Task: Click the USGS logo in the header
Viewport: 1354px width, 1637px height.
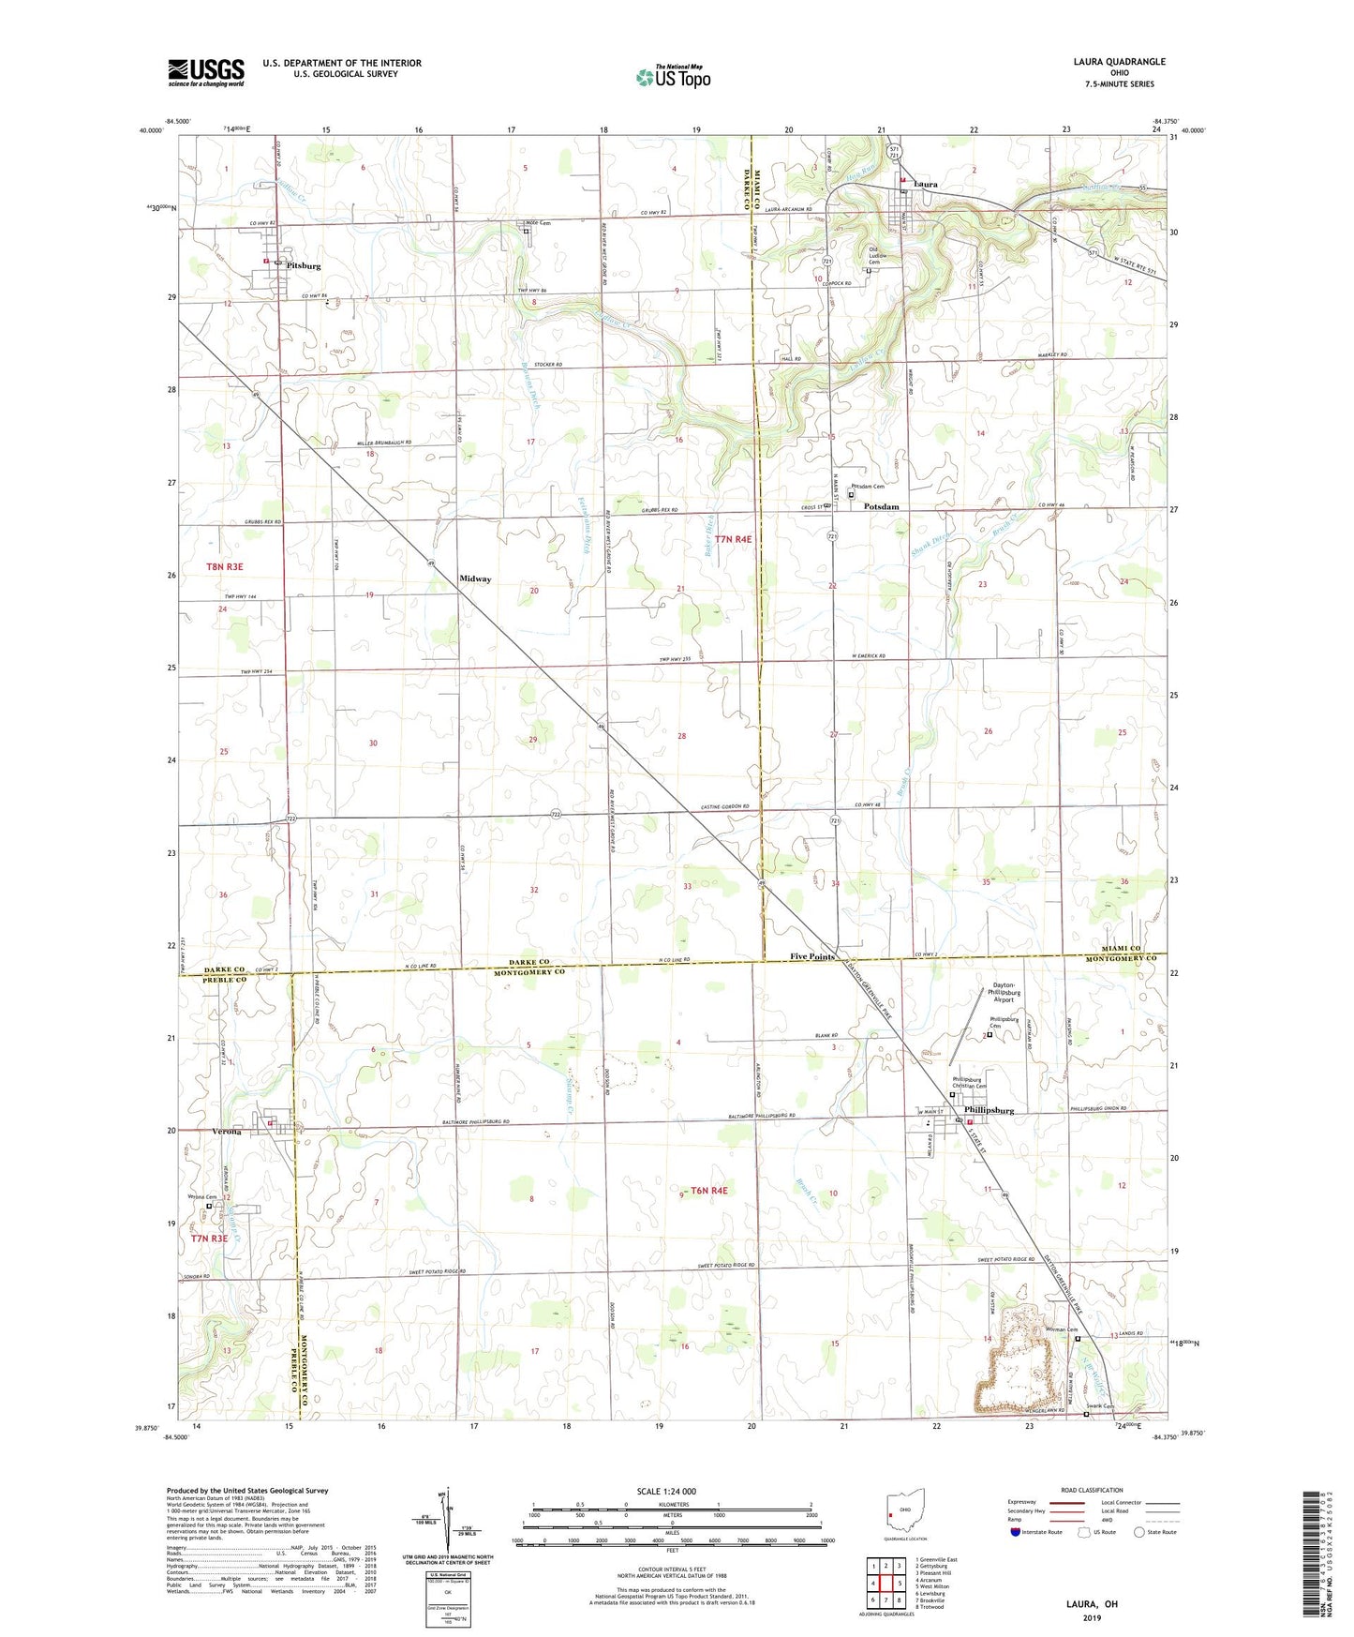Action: point(206,72)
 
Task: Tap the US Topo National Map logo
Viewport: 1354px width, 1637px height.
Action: point(673,77)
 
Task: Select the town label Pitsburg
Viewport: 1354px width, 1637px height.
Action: point(304,266)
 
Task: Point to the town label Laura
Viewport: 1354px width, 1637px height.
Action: point(926,185)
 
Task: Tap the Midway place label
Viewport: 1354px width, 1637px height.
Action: point(475,579)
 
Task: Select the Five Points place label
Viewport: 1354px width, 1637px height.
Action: point(811,957)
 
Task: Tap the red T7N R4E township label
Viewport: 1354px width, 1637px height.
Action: point(733,540)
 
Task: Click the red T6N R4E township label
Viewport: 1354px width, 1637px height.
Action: point(709,1191)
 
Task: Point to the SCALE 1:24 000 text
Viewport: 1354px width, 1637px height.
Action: point(666,1492)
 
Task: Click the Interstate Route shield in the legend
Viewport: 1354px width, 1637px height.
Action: point(1017,1533)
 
